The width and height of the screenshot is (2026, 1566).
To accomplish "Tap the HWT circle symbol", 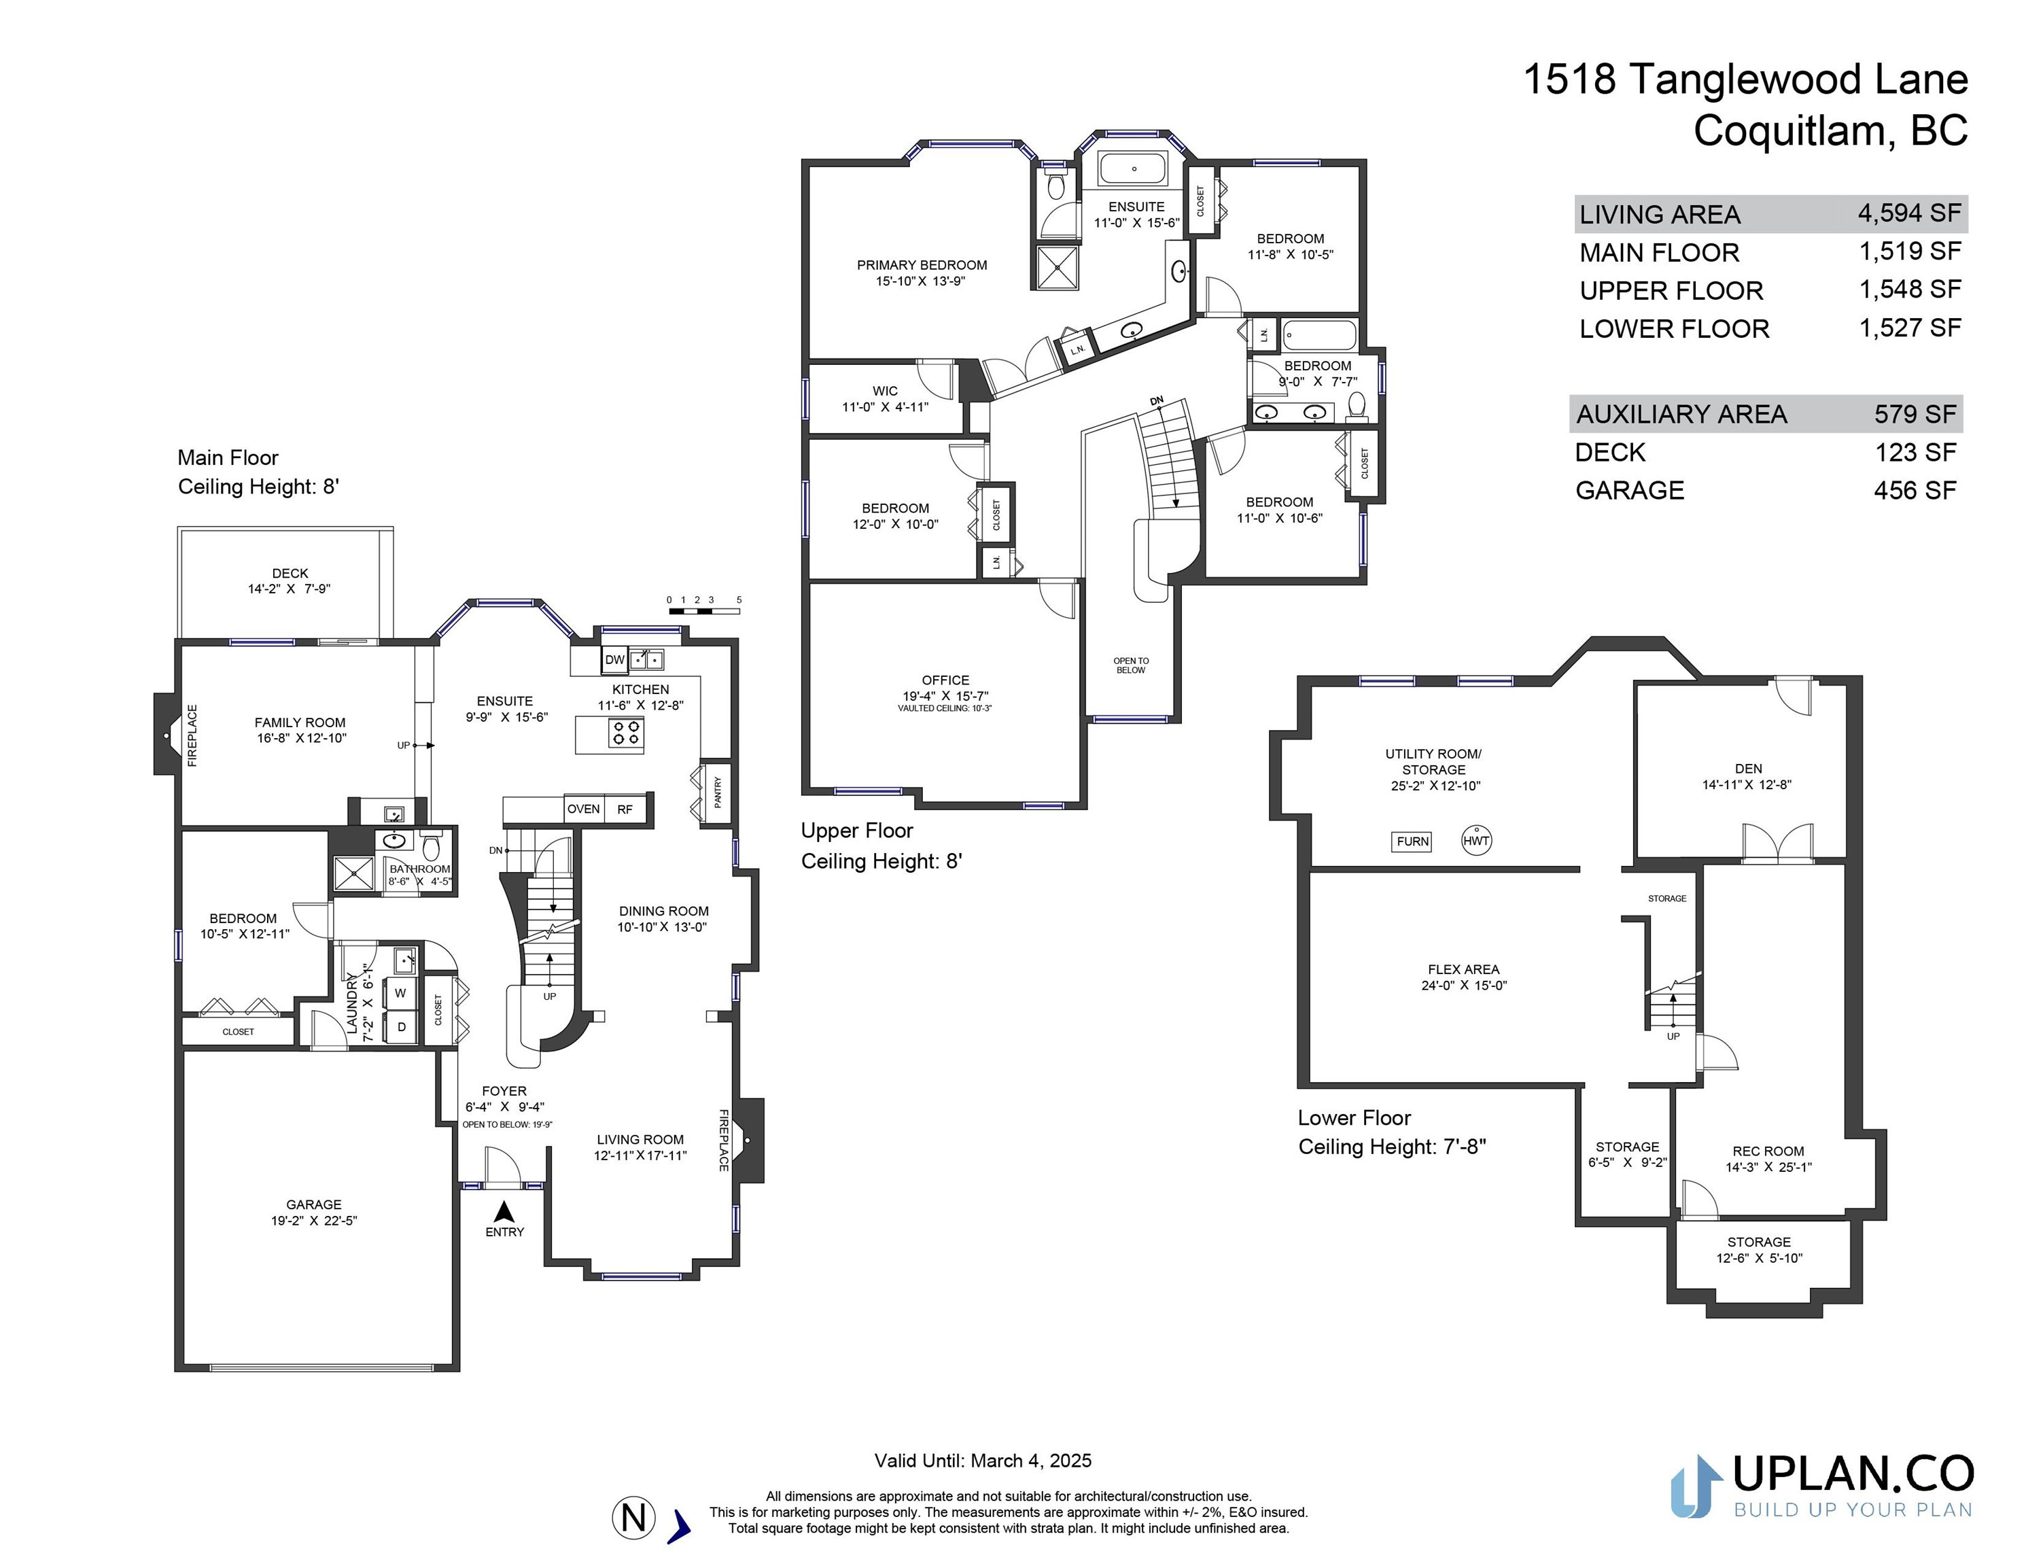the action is click(x=1476, y=841).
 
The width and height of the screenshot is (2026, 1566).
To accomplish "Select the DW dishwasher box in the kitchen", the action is click(x=614, y=659).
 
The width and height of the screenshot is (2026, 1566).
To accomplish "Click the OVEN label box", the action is click(x=584, y=809).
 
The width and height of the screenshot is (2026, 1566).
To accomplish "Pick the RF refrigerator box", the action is click(x=625, y=809).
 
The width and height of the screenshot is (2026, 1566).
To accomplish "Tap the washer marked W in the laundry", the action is click(x=401, y=992).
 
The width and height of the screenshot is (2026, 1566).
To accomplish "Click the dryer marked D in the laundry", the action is click(x=401, y=1027).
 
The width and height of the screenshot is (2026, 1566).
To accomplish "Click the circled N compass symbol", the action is click(x=633, y=1518).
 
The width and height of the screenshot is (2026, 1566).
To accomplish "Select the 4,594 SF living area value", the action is click(x=1909, y=213).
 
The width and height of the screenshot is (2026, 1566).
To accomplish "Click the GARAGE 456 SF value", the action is click(x=1915, y=490).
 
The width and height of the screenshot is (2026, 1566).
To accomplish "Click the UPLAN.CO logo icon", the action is click(x=1696, y=1486).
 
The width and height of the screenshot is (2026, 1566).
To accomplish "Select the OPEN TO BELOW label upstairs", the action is click(x=1131, y=665).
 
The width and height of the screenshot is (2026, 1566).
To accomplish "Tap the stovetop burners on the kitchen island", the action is click(x=626, y=733).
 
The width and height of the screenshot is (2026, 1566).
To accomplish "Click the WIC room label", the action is click(x=885, y=391).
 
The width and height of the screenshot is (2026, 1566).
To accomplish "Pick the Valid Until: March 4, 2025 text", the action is click(x=982, y=1460).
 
